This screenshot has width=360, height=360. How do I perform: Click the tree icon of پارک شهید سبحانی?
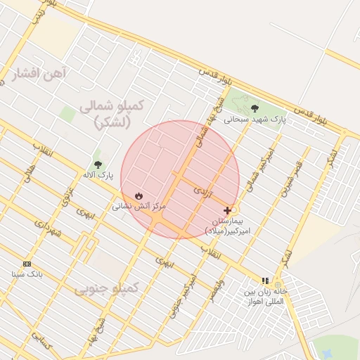point(254,108)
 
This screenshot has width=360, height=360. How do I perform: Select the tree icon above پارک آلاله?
point(97,164)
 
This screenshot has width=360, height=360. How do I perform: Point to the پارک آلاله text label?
point(98,174)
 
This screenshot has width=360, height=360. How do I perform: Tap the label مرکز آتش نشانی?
point(139,206)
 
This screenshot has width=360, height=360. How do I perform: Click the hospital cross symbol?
point(227,210)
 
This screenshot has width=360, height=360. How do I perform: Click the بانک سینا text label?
point(27,273)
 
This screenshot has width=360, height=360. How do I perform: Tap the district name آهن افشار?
point(38,73)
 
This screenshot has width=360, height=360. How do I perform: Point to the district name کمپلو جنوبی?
point(107,288)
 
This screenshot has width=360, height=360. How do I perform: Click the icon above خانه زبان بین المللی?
point(265,280)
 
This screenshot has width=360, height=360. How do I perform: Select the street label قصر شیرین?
point(292,179)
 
